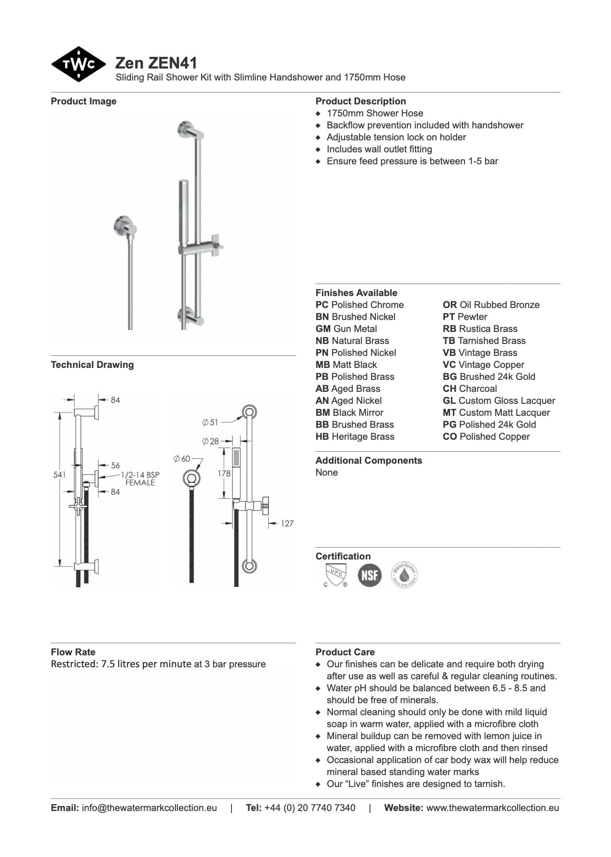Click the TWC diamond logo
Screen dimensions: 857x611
click(x=78, y=64)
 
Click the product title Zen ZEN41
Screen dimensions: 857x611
click(x=156, y=63)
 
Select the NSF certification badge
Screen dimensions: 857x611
click(x=369, y=574)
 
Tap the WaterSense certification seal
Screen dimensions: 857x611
click(x=404, y=574)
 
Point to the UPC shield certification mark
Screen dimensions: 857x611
click(x=335, y=574)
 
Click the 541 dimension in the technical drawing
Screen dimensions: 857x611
click(x=59, y=475)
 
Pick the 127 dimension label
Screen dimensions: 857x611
click(x=287, y=524)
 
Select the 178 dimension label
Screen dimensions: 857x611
click(x=224, y=473)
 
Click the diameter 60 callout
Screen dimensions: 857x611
click(x=182, y=459)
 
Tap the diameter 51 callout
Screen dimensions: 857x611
click(x=210, y=423)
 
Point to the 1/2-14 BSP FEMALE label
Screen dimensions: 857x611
click(x=140, y=479)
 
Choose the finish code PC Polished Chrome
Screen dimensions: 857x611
click(x=359, y=305)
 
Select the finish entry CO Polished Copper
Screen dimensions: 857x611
click(x=486, y=436)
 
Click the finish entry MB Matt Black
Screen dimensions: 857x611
click(x=346, y=365)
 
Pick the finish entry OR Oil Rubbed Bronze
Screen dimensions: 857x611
click(x=491, y=305)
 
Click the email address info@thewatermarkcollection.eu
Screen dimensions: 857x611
click(x=149, y=808)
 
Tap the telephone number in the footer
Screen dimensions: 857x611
click(x=310, y=808)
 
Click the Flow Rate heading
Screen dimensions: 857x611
click(x=73, y=652)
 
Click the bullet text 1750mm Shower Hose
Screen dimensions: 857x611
click(x=375, y=113)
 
